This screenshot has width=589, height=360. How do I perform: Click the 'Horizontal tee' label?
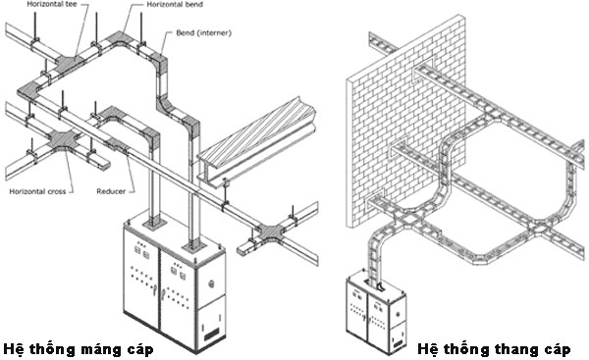(x=52, y=5)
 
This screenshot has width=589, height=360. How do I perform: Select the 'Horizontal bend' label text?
(x=175, y=5)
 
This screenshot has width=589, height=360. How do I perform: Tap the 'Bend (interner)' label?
(x=203, y=33)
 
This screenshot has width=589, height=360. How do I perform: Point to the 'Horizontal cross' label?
(x=37, y=191)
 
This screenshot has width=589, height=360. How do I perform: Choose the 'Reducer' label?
(x=111, y=191)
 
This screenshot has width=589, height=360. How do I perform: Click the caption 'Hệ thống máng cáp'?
(x=79, y=349)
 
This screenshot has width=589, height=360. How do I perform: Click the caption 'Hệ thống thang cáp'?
(x=494, y=349)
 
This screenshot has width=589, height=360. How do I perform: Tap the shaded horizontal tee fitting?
(x=72, y=63)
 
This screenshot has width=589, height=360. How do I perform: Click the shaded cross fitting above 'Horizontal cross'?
(x=65, y=139)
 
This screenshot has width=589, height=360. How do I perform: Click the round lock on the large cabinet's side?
(x=212, y=283)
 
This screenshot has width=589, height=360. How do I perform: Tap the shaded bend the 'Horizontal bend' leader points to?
(x=120, y=38)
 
